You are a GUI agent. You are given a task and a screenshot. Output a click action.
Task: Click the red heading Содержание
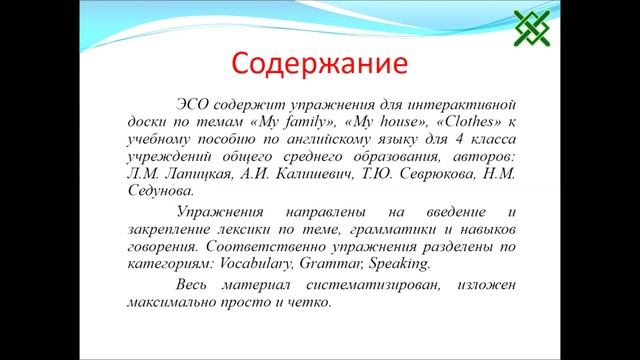(319, 64)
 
